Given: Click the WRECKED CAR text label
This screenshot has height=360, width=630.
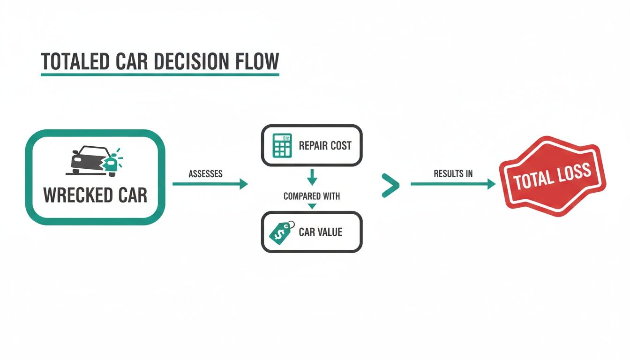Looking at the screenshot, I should (x=95, y=195).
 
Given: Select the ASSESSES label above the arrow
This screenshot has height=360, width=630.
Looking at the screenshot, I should (x=205, y=174).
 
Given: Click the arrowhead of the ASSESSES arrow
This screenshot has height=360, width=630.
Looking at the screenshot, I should (x=244, y=184).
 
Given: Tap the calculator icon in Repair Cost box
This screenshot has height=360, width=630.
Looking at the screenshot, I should (x=282, y=145).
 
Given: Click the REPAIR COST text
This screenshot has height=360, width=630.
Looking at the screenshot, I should (x=325, y=146).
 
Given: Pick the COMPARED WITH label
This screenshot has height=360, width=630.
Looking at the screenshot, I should (x=312, y=196).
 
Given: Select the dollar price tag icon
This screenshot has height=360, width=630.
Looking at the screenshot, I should (x=281, y=232).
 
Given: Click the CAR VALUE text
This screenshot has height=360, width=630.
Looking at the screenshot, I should (x=321, y=232).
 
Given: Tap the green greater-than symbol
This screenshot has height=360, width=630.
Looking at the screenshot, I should (x=390, y=185).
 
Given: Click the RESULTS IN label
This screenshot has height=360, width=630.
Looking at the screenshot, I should (x=453, y=174).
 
